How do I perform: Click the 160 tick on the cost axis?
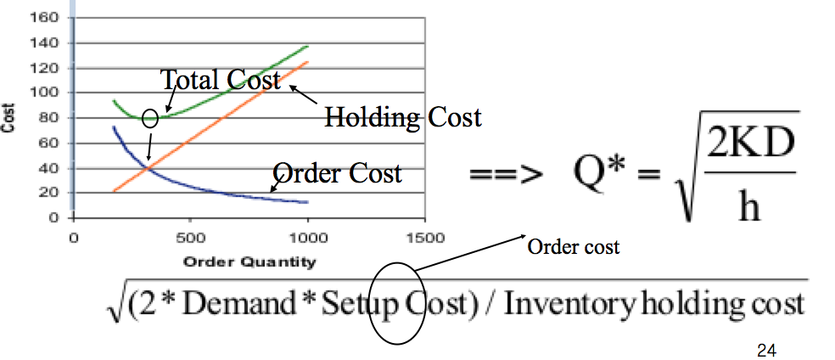point(48,17)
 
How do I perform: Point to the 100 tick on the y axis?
point(48,93)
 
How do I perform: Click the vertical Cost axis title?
point(9,116)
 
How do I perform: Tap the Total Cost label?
point(221,80)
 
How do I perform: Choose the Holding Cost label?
point(403,116)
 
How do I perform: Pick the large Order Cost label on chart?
point(338,173)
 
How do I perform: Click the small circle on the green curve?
point(150,118)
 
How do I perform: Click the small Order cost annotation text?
point(574,247)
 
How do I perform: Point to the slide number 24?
point(765,348)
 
